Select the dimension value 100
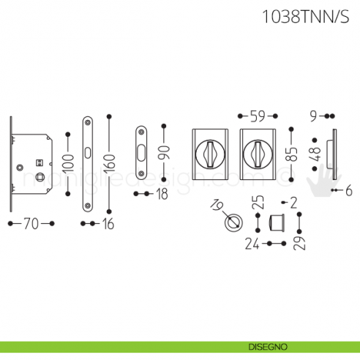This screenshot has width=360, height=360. pyautogui.click(x=68, y=168)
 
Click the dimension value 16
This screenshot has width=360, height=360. pyautogui.click(x=108, y=225)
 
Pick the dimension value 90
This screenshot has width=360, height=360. pyautogui.click(x=165, y=154)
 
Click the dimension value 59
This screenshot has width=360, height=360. pyautogui.click(x=257, y=116)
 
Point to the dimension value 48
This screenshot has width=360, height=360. pyautogui.click(x=317, y=154)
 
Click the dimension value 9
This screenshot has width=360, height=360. pyautogui.click(x=313, y=116)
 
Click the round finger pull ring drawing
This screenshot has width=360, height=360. pyautogui.click(x=236, y=221)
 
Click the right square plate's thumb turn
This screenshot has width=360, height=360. pyautogui.click(x=258, y=154)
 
